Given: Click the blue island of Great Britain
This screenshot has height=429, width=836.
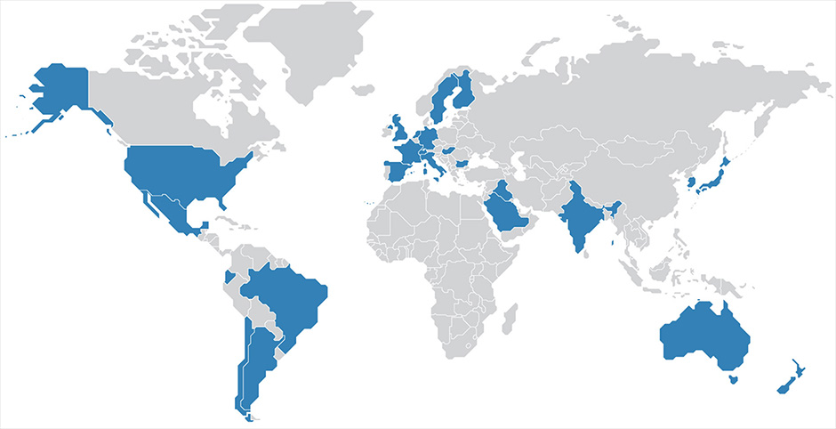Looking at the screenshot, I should tap(401, 134).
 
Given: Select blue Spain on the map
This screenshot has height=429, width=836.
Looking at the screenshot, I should tap(395, 169).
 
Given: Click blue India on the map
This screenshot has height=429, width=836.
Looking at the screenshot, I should tap(578, 218).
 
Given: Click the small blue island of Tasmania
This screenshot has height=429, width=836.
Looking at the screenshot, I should tap(733, 379).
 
